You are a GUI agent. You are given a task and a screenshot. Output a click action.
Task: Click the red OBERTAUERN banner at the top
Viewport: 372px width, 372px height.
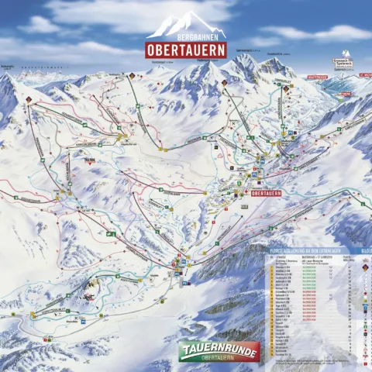tap(186, 49)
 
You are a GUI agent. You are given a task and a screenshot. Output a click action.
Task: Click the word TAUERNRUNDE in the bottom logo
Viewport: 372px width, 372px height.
tap(219, 350)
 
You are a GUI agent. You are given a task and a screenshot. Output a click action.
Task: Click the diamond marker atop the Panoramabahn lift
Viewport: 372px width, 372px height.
tap(132, 76)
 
